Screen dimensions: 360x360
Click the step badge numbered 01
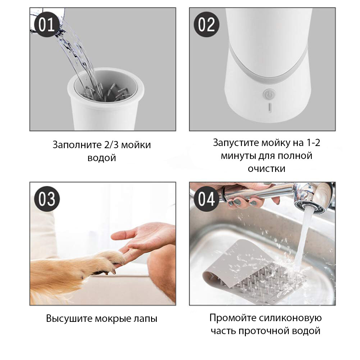tap(47, 24)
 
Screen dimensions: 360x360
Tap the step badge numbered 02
tap(206, 24)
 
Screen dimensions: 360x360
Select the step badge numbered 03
tap(47, 199)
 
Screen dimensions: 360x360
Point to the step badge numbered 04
tap(206, 199)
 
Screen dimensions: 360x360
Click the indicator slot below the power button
tap(270, 108)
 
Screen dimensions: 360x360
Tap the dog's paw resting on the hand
tap(110, 262)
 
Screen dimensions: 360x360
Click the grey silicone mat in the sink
tap(252, 271)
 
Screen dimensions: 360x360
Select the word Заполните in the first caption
tap(77, 145)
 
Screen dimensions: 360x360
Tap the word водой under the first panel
tap(102, 158)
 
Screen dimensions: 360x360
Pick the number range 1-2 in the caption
tap(313, 142)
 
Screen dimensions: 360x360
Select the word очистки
tap(266, 169)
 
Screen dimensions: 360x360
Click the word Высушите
tap(69, 319)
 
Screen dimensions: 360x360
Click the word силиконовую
tap(291, 318)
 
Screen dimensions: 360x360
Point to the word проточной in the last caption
tap(264, 331)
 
